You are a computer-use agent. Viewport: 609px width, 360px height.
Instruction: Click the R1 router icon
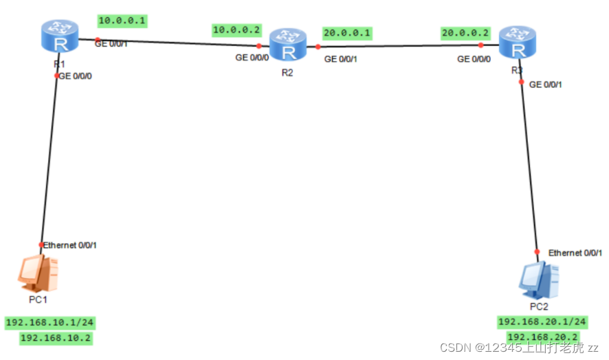60,36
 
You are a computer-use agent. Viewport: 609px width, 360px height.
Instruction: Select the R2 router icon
288,45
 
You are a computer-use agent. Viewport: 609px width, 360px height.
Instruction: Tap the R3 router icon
518,43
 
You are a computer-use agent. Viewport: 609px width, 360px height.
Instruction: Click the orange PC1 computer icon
38,274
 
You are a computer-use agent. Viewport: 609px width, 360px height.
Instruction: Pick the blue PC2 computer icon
539,280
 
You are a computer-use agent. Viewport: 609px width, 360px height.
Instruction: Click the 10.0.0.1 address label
122,21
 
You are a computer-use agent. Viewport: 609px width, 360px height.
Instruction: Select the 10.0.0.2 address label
236,30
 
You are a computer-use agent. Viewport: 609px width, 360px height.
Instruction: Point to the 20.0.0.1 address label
347,33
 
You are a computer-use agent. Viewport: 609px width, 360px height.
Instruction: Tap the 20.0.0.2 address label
465,33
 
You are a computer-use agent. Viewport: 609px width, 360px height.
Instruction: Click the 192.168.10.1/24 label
49,323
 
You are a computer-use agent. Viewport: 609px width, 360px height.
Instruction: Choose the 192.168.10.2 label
56,338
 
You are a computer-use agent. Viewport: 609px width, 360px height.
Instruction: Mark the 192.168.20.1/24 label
542,322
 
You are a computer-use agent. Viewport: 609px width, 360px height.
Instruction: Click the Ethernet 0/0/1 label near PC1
69,245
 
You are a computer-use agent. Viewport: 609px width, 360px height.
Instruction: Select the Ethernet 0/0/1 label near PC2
575,254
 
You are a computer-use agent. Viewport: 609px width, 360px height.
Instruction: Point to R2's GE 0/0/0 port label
252,58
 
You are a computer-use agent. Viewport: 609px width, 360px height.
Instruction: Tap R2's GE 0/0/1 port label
341,59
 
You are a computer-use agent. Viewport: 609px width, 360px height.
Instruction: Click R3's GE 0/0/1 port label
545,85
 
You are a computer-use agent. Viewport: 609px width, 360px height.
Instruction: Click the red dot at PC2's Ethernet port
537,251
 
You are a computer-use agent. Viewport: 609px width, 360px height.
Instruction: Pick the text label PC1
38,300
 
